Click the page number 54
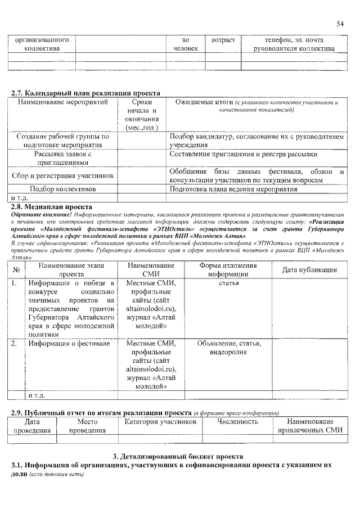(340, 23)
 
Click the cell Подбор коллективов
(62, 190)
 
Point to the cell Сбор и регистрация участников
(62, 176)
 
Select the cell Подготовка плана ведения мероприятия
(233, 190)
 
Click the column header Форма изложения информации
(229, 270)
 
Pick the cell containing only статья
(229, 283)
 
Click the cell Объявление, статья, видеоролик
(229, 348)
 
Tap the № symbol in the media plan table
(16, 270)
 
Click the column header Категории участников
(160, 421)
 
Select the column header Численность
(237, 421)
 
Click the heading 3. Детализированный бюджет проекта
(178, 456)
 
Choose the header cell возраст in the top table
(222, 41)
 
